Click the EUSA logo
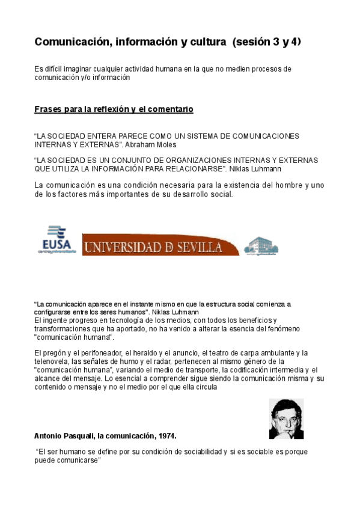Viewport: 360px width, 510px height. [x=57, y=239]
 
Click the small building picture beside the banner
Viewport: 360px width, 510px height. [x=261, y=245]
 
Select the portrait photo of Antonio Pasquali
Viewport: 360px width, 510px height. [x=286, y=419]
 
